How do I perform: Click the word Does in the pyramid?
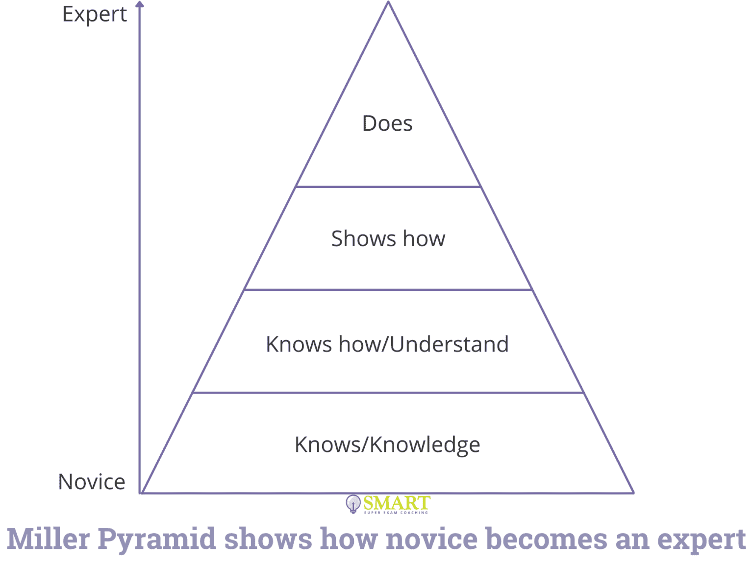click(x=387, y=123)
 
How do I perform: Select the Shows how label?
click(x=388, y=239)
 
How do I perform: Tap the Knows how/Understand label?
click(x=387, y=344)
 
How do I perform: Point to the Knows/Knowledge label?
click(x=387, y=445)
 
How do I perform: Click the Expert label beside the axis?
click(x=94, y=15)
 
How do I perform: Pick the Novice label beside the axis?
click(x=92, y=482)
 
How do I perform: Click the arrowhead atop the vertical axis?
click(x=140, y=4)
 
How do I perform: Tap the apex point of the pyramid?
click(x=388, y=2)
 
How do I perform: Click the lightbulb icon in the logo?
click(x=352, y=503)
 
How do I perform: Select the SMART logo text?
click(x=397, y=503)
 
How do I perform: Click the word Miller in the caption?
click(x=49, y=539)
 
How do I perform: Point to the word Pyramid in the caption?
click(x=157, y=539)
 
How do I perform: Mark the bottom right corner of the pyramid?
click(x=633, y=493)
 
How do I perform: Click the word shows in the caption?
click(x=268, y=539)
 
